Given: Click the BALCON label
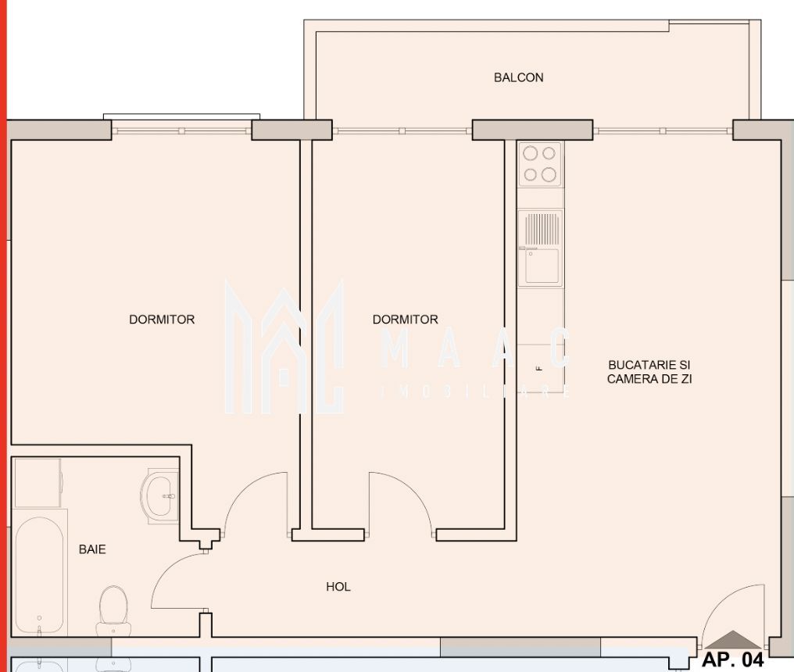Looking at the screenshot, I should [x=518, y=77].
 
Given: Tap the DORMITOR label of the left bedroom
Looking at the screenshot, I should [x=162, y=320].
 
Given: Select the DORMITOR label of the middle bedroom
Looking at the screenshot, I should [x=405, y=320].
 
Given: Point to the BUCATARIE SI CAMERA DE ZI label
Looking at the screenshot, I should [x=649, y=372].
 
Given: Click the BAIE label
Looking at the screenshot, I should [x=92, y=549].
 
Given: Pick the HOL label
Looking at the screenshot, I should [x=338, y=587].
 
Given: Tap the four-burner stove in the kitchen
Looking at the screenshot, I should [x=540, y=164].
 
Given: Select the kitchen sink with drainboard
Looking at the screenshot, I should [x=540, y=247].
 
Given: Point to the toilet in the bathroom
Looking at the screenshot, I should [x=113, y=609].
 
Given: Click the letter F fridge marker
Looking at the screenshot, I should [x=538, y=368].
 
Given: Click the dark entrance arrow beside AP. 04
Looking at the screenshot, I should [x=731, y=640].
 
